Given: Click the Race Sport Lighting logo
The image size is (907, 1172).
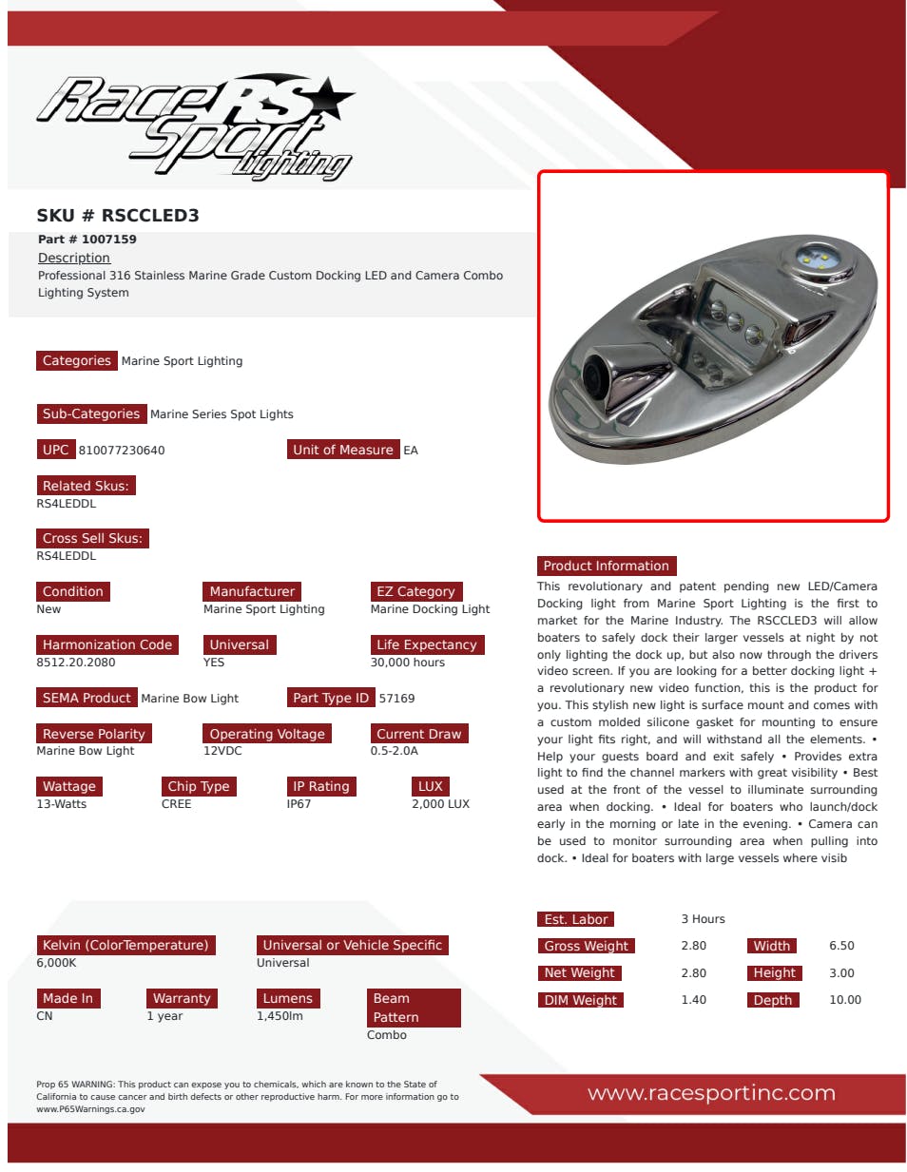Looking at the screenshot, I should coord(195,126).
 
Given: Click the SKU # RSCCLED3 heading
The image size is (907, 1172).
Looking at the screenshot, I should coord(118,216).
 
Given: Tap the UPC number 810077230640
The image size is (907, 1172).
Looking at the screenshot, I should coord(122,451).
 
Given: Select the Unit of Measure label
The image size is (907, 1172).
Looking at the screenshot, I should coord(342,450).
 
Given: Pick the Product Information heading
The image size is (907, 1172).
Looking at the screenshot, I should coord(606,566).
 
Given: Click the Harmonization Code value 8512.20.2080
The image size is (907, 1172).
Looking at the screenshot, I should coord(76,663).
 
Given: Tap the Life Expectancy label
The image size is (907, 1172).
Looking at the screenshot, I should coord(426,644).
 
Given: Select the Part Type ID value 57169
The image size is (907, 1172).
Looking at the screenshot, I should coord(396,699).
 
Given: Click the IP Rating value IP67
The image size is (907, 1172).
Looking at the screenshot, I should coord(299,804).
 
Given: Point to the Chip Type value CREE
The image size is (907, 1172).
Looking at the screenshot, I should coord(176,804).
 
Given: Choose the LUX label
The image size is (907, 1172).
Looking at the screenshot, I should coord(430,786).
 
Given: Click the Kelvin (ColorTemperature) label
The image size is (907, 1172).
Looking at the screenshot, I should coord(125,945).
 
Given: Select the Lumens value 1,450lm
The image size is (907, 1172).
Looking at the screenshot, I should coord(280,1016).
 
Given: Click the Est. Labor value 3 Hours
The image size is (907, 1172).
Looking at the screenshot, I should coord(703,919).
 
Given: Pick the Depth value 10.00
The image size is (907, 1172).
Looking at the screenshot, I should coord(844,1000).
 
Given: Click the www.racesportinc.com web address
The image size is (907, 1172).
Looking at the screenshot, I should coord(711,1093).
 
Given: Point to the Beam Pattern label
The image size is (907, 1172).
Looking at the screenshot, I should coord(414,1008).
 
